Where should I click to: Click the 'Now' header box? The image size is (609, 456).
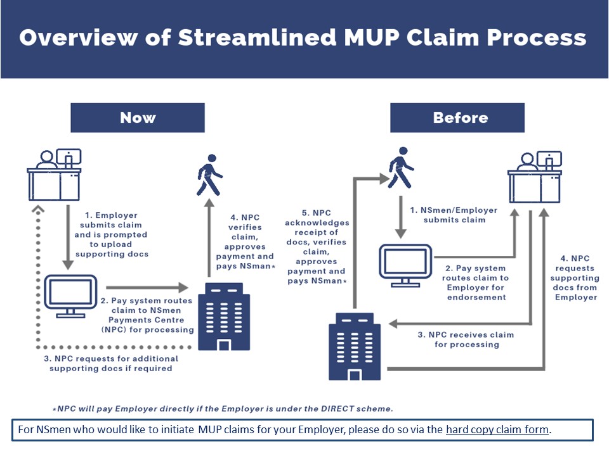click(x=137, y=118)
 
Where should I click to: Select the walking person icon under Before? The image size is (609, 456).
click(x=401, y=168)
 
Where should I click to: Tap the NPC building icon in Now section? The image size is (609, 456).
click(x=224, y=316)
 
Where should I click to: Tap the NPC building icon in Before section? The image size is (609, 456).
click(x=355, y=346)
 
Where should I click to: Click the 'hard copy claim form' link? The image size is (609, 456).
click(x=497, y=429)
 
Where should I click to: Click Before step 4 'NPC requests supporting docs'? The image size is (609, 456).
click(x=575, y=277)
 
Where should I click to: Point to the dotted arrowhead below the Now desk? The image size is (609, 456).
click(x=38, y=210)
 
